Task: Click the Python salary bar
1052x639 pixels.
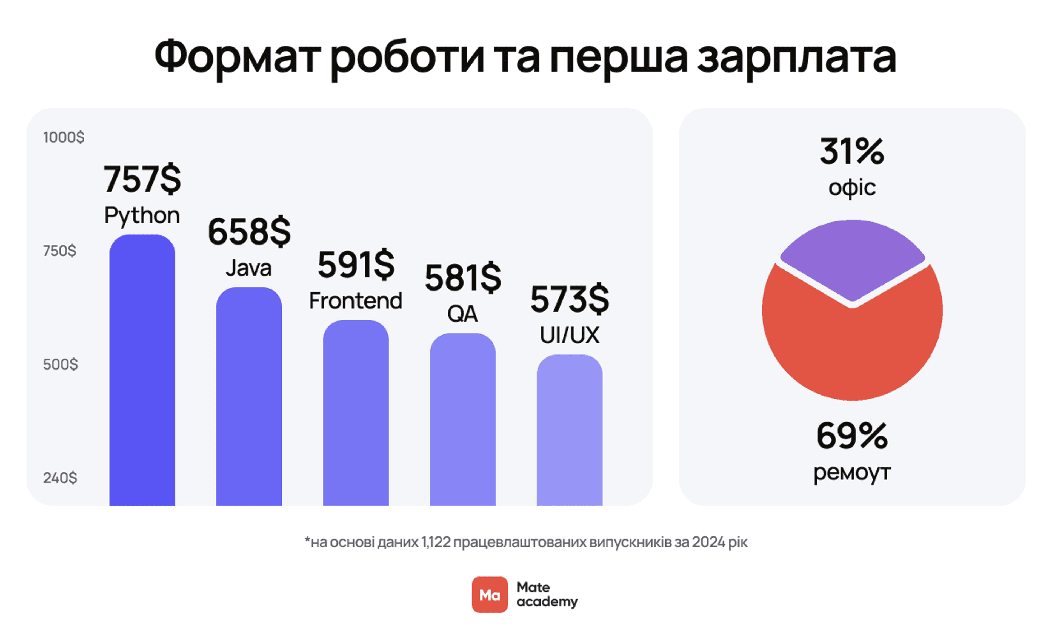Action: pos(142,372)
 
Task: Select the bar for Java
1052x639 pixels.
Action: pos(249,397)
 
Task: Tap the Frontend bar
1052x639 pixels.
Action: pos(356,414)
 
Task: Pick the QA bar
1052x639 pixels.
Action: pos(462,421)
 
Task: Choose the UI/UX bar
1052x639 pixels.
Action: pos(569,431)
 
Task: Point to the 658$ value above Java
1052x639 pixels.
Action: pos(249,232)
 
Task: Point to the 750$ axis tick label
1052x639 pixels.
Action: pos(60,251)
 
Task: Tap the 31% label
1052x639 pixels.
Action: pos(852,151)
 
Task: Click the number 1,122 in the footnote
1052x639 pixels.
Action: pos(436,542)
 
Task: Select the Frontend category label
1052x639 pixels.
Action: pos(356,301)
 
